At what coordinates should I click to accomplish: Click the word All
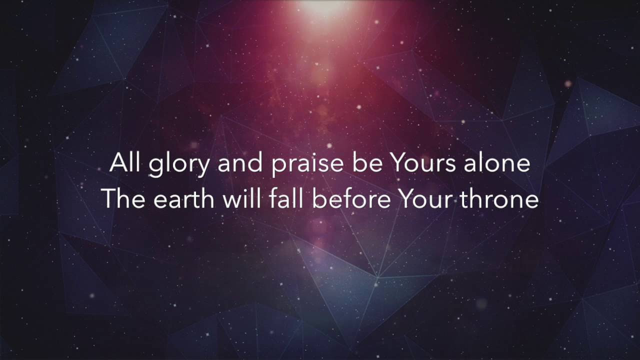125,162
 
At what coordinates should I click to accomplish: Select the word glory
179,165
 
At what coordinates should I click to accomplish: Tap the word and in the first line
239,162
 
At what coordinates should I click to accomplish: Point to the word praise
307,165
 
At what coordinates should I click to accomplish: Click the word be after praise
367,162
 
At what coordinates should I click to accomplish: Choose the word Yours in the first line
423,163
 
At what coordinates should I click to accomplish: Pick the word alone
497,162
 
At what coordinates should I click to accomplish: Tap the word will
241,198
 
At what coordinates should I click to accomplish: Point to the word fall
285,198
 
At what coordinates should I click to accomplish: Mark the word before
351,198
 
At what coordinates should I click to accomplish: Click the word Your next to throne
425,199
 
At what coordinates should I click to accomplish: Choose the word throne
499,198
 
